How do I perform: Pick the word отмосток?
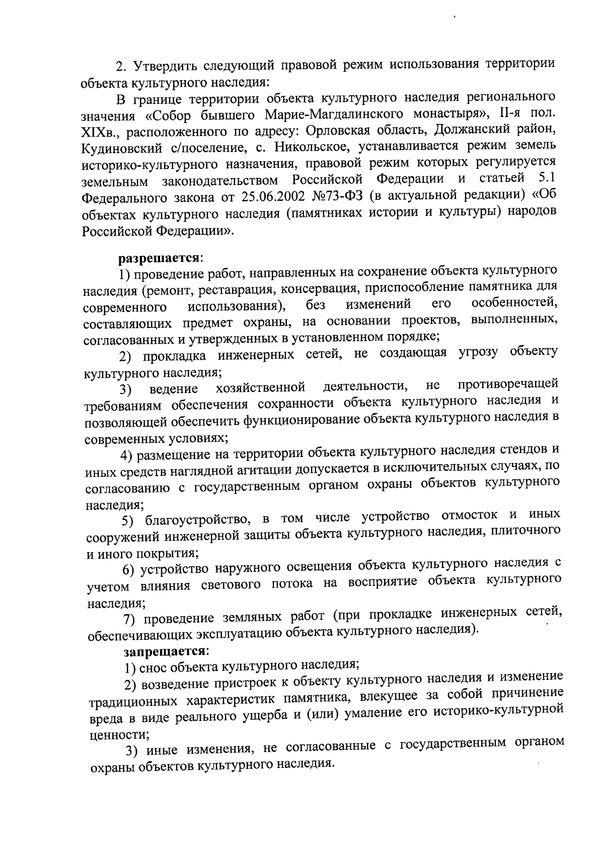(470, 516)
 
